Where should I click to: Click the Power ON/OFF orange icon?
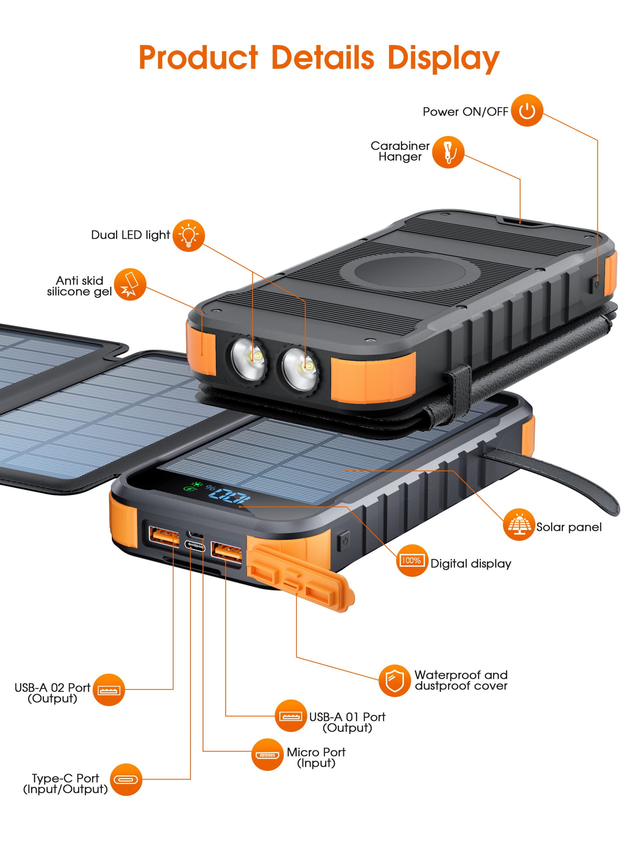pyautogui.click(x=527, y=110)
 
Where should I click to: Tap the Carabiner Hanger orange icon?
pyautogui.click(x=448, y=152)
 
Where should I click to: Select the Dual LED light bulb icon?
pyautogui.click(x=188, y=235)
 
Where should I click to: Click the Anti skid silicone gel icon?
pyautogui.click(x=130, y=285)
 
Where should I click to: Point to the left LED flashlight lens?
pyautogui.click(x=248, y=359)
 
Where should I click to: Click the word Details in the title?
pyautogui.click(x=322, y=58)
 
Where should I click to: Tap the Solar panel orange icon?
pyautogui.click(x=519, y=524)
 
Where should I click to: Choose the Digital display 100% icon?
pyautogui.click(x=412, y=560)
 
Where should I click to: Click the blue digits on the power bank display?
pyautogui.click(x=229, y=496)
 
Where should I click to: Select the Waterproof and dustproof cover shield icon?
pyautogui.click(x=394, y=681)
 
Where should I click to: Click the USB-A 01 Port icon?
pyautogui.click(x=291, y=716)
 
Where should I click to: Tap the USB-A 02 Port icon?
pyautogui.click(x=108, y=689)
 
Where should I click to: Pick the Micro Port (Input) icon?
pyautogui.click(x=267, y=755)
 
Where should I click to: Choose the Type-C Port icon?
pyautogui.click(x=125, y=779)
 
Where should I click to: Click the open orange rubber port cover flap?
pyautogui.click(x=301, y=578)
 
